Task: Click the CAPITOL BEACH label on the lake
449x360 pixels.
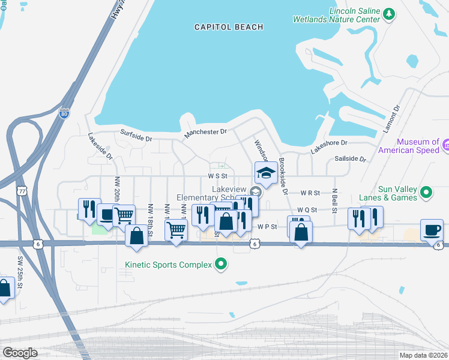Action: pyautogui.click(x=229, y=27)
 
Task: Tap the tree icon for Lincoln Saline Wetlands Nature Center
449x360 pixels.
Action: pyautogui.click(x=389, y=14)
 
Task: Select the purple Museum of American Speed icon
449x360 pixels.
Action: pyautogui.click(x=445, y=145)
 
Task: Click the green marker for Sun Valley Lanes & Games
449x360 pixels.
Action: pyautogui.click(x=426, y=193)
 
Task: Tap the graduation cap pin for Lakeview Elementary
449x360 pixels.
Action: pyautogui.click(x=266, y=173)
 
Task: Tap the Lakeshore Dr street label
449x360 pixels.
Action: pyautogui.click(x=329, y=146)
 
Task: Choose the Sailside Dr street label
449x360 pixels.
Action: pyautogui.click(x=350, y=158)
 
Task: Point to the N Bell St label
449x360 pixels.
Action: pyautogui.click(x=334, y=200)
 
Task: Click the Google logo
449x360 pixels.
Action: pyautogui.click(x=20, y=352)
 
